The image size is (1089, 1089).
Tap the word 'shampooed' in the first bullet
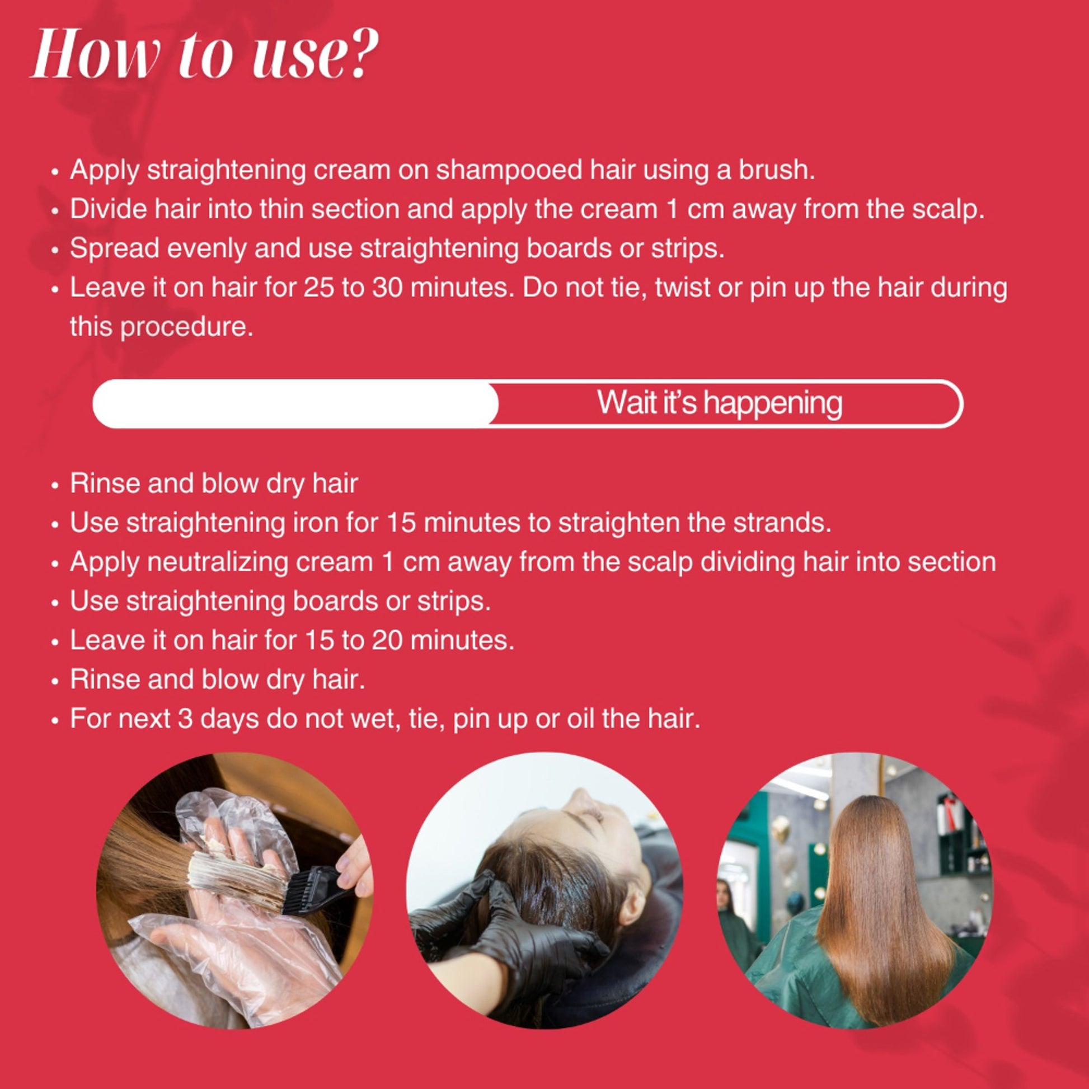(x=510, y=170)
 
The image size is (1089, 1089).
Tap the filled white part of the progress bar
(x=295, y=403)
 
